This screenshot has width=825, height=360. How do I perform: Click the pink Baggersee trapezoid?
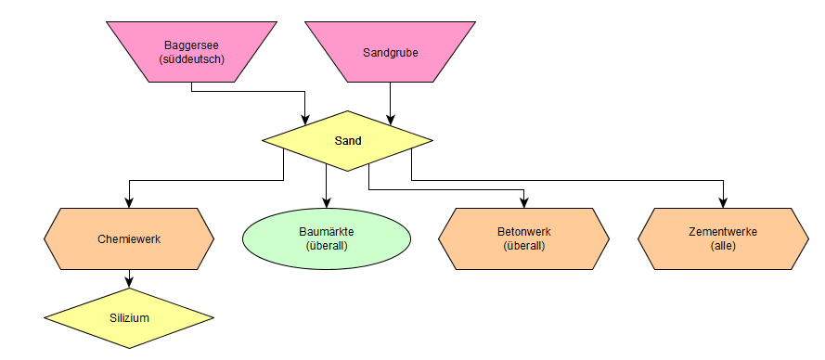pyautogui.click(x=191, y=52)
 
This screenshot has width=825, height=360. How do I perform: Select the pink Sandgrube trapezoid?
pyautogui.click(x=391, y=52)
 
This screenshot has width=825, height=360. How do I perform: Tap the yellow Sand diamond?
pyautogui.click(x=348, y=140)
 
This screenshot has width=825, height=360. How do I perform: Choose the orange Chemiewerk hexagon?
pyautogui.click(x=129, y=239)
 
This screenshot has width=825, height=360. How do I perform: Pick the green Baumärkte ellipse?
pyautogui.click(x=327, y=239)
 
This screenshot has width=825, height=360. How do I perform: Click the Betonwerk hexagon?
pyautogui.click(x=524, y=239)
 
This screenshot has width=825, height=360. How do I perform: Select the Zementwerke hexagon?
pyautogui.click(x=724, y=239)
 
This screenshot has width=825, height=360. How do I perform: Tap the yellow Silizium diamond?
pyautogui.click(x=129, y=318)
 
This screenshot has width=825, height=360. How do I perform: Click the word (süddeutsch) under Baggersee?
pyautogui.click(x=191, y=59)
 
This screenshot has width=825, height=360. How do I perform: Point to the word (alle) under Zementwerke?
pyautogui.click(x=724, y=246)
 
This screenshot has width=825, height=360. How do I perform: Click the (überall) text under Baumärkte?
pyautogui.click(x=327, y=246)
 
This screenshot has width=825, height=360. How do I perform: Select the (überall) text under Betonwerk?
pyautogui.click(x=524, y=246)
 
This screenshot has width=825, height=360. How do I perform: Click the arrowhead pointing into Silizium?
pyautogui.click(x=129, y=283)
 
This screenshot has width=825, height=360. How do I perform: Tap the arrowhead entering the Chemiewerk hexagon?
pyautogui.click(x=129, y=203)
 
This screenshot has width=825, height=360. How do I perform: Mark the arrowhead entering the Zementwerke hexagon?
pyautogui.click(x=724, y=203)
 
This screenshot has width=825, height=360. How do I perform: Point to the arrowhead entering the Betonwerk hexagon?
pyautogui.click(x=524, y=203)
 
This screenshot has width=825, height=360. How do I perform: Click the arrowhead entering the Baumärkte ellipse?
pyautogui.click(x=327, y=203)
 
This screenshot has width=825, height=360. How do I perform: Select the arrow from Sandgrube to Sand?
pyautogui.click(x=391, y=104)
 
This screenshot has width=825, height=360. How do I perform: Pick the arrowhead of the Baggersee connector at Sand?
pyautogui.click(x=305, y=121)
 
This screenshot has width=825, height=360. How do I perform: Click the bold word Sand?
pyautogui.click(x=348, y=141)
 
